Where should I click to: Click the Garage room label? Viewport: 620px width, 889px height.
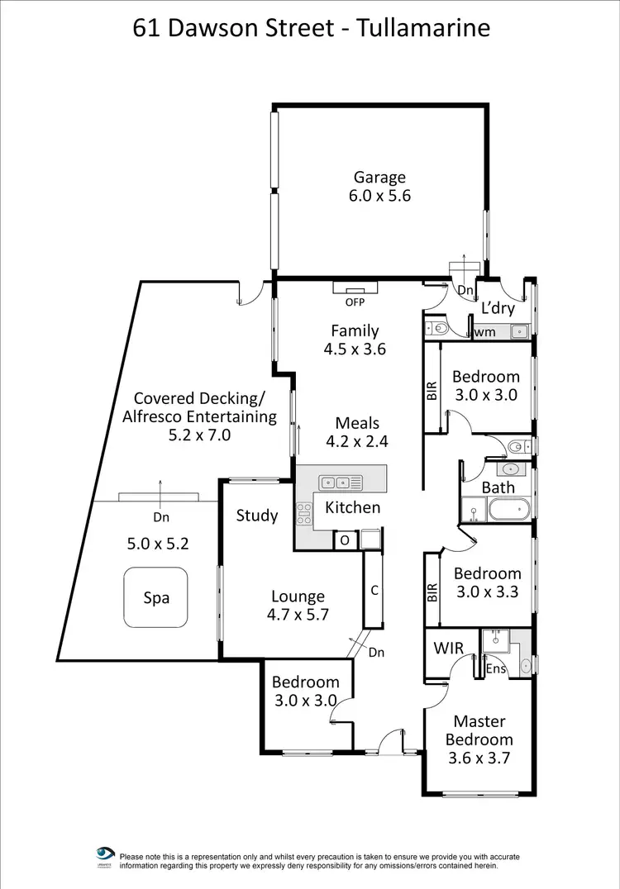pyautogui.click(x=380, y=177)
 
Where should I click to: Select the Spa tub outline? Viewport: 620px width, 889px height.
pyautogui.click(x=156, y=597)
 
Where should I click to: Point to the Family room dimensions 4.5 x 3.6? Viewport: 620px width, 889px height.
pyautogui.click(x=355, y=349)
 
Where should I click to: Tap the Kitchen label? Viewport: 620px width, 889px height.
pyautogui.click(x=352, y=507)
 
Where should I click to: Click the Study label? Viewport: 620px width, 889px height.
pyautogui.click(x=257, y=516)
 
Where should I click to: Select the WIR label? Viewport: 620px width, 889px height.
pyautogui.click(x=449, y=648)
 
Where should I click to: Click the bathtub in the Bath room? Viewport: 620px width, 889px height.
pyautogui.click(x=507, y=509)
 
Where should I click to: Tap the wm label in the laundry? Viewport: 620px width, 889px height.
pyautogui.click(x=484, y=332)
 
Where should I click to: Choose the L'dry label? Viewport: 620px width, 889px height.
pyautogui.click(x=498, y=309)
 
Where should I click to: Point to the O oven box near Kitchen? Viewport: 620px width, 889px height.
pyautogui.click(x=344, y=540)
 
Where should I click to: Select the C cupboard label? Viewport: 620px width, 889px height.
pyautogui.click(x=374, y=591)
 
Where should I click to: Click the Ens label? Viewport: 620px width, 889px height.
pyautogui.click(x=496, y=668)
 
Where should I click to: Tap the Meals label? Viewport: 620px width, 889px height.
pyautogui.click(x=356, y=424)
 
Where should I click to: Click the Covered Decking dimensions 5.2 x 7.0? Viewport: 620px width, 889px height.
pyautogui.click(x=199, y=435)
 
